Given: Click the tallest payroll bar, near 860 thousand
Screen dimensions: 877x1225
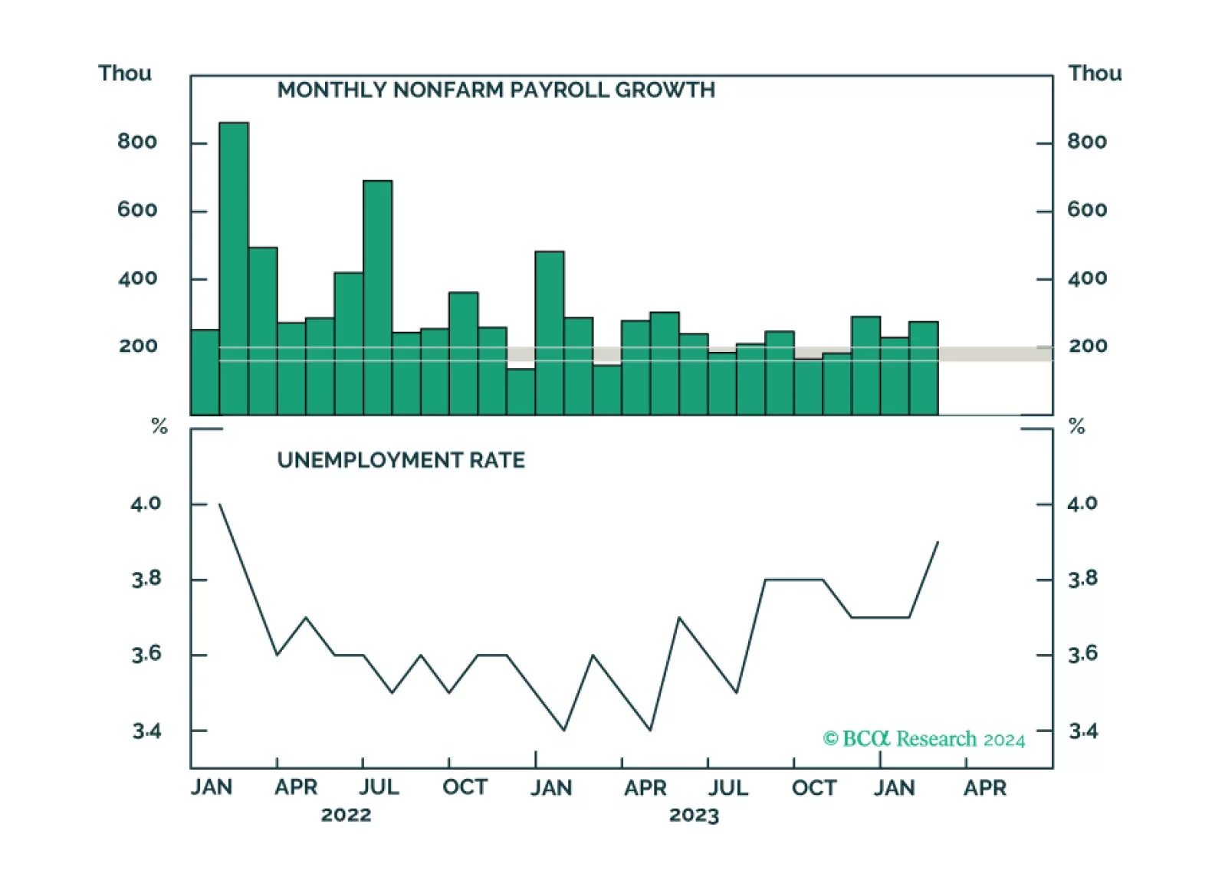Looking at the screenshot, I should [234, 268].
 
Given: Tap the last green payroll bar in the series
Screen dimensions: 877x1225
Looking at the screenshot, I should [923, 368].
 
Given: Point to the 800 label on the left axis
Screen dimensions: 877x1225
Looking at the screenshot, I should [137, 142].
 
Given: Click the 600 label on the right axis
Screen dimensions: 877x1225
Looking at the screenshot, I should [1087, 210].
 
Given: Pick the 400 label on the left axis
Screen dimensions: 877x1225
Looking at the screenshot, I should [138, 278].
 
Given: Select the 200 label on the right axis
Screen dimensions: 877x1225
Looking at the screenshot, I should [1088, 346].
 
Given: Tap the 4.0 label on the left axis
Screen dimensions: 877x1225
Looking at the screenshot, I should [146, 504].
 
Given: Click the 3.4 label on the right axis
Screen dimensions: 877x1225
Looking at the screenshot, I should [1082, 731].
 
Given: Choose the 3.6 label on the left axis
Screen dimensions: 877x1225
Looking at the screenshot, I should [146, 654].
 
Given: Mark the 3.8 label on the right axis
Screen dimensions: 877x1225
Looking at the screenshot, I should [1082, 579].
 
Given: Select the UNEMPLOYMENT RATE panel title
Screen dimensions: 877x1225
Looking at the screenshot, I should [401, 460].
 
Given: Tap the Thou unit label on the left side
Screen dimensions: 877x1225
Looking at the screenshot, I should [125, 74].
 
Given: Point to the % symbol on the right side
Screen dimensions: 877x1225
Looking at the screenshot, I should [1076, 426].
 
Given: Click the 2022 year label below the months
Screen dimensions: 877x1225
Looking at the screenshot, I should [346, 814].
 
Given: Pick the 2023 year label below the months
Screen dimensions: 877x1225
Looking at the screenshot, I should [694, 814].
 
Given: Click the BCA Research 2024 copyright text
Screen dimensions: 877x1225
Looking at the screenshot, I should [924, 738].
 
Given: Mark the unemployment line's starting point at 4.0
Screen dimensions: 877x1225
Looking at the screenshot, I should [220, 504].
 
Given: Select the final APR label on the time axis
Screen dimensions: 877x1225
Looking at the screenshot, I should [985, 787].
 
